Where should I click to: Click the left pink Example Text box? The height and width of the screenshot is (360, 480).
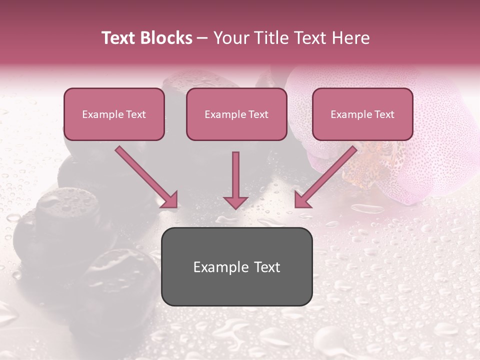click(114, 114)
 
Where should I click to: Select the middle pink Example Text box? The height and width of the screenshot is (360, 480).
click(236, 114)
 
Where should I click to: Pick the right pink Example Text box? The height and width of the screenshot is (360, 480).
click(362, 114)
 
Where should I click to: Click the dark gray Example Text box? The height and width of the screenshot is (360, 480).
click(236, 266)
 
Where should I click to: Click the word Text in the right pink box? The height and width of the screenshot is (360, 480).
click(384, 114)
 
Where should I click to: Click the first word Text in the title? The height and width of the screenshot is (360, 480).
click(120, 38)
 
